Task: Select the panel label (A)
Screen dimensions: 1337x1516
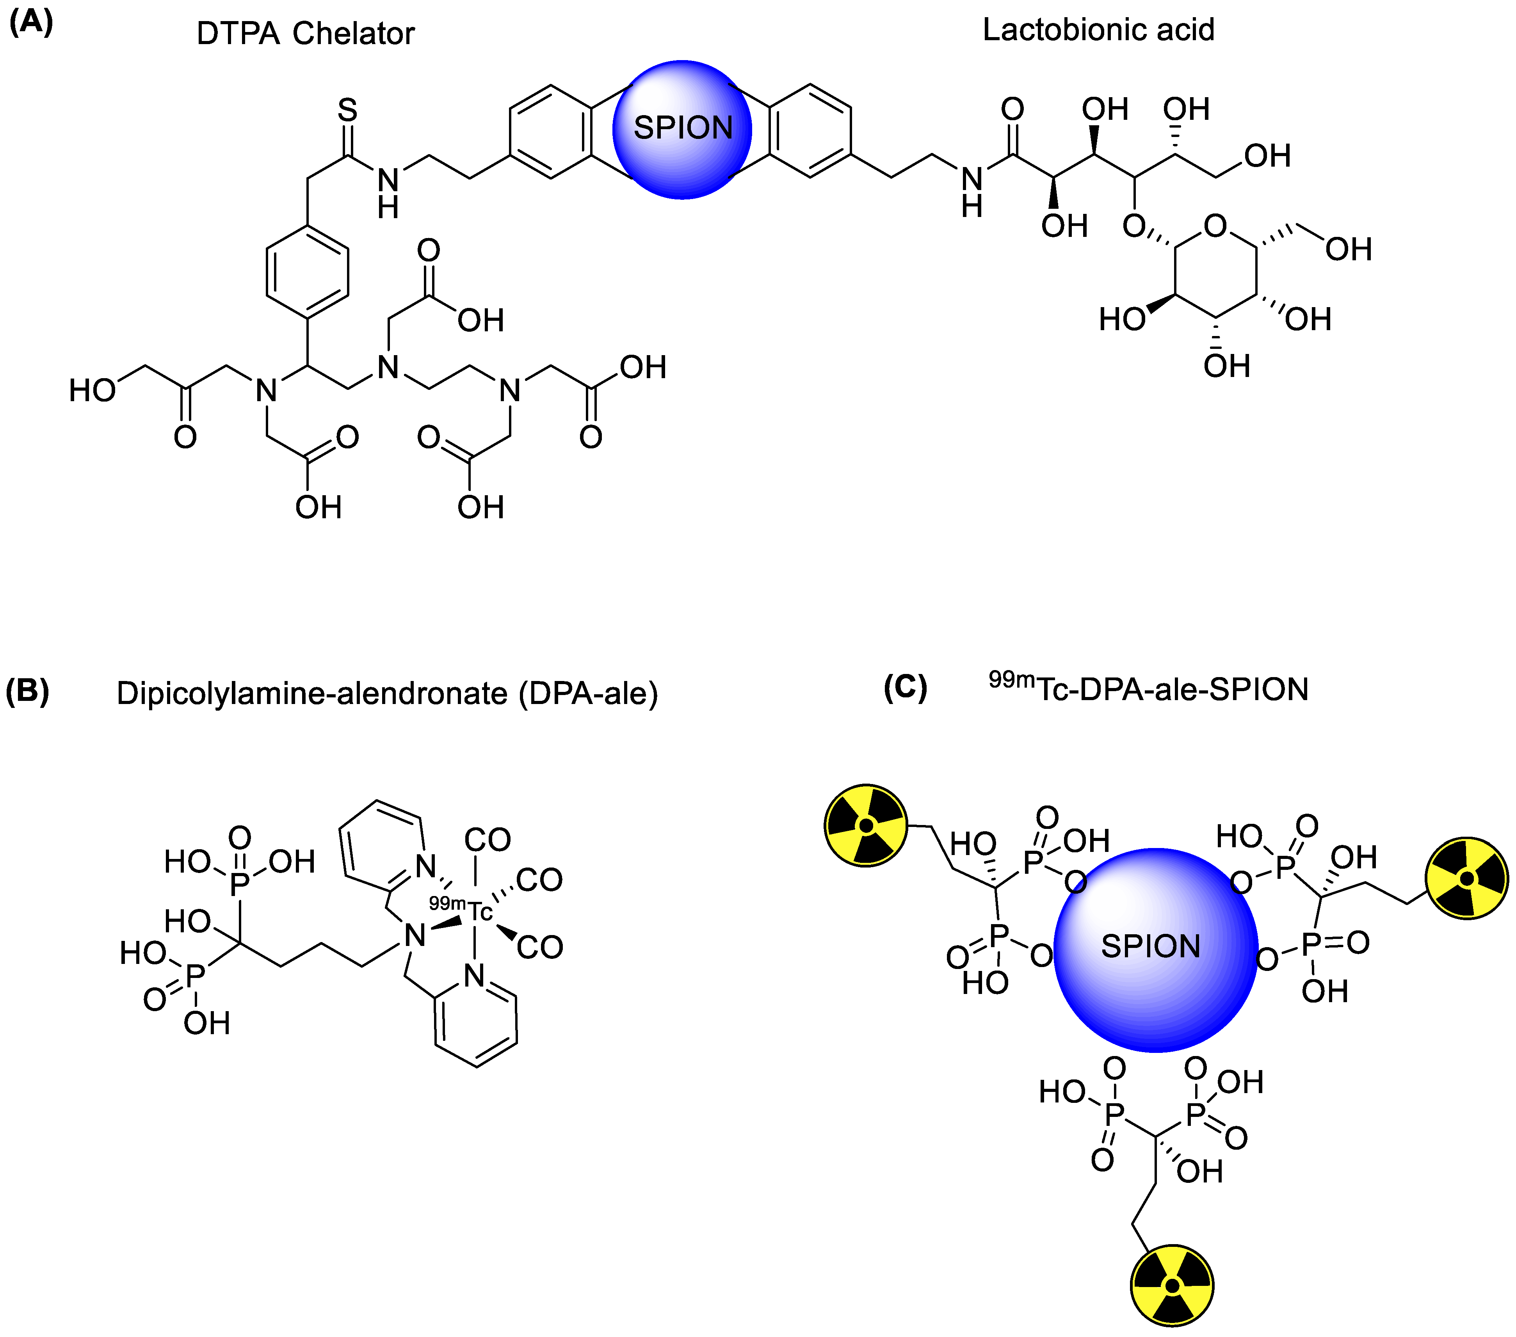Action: pos(31,22)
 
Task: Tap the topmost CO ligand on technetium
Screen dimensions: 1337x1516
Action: pos(487,840)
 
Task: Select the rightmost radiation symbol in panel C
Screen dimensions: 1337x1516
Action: pos(1467,879)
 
